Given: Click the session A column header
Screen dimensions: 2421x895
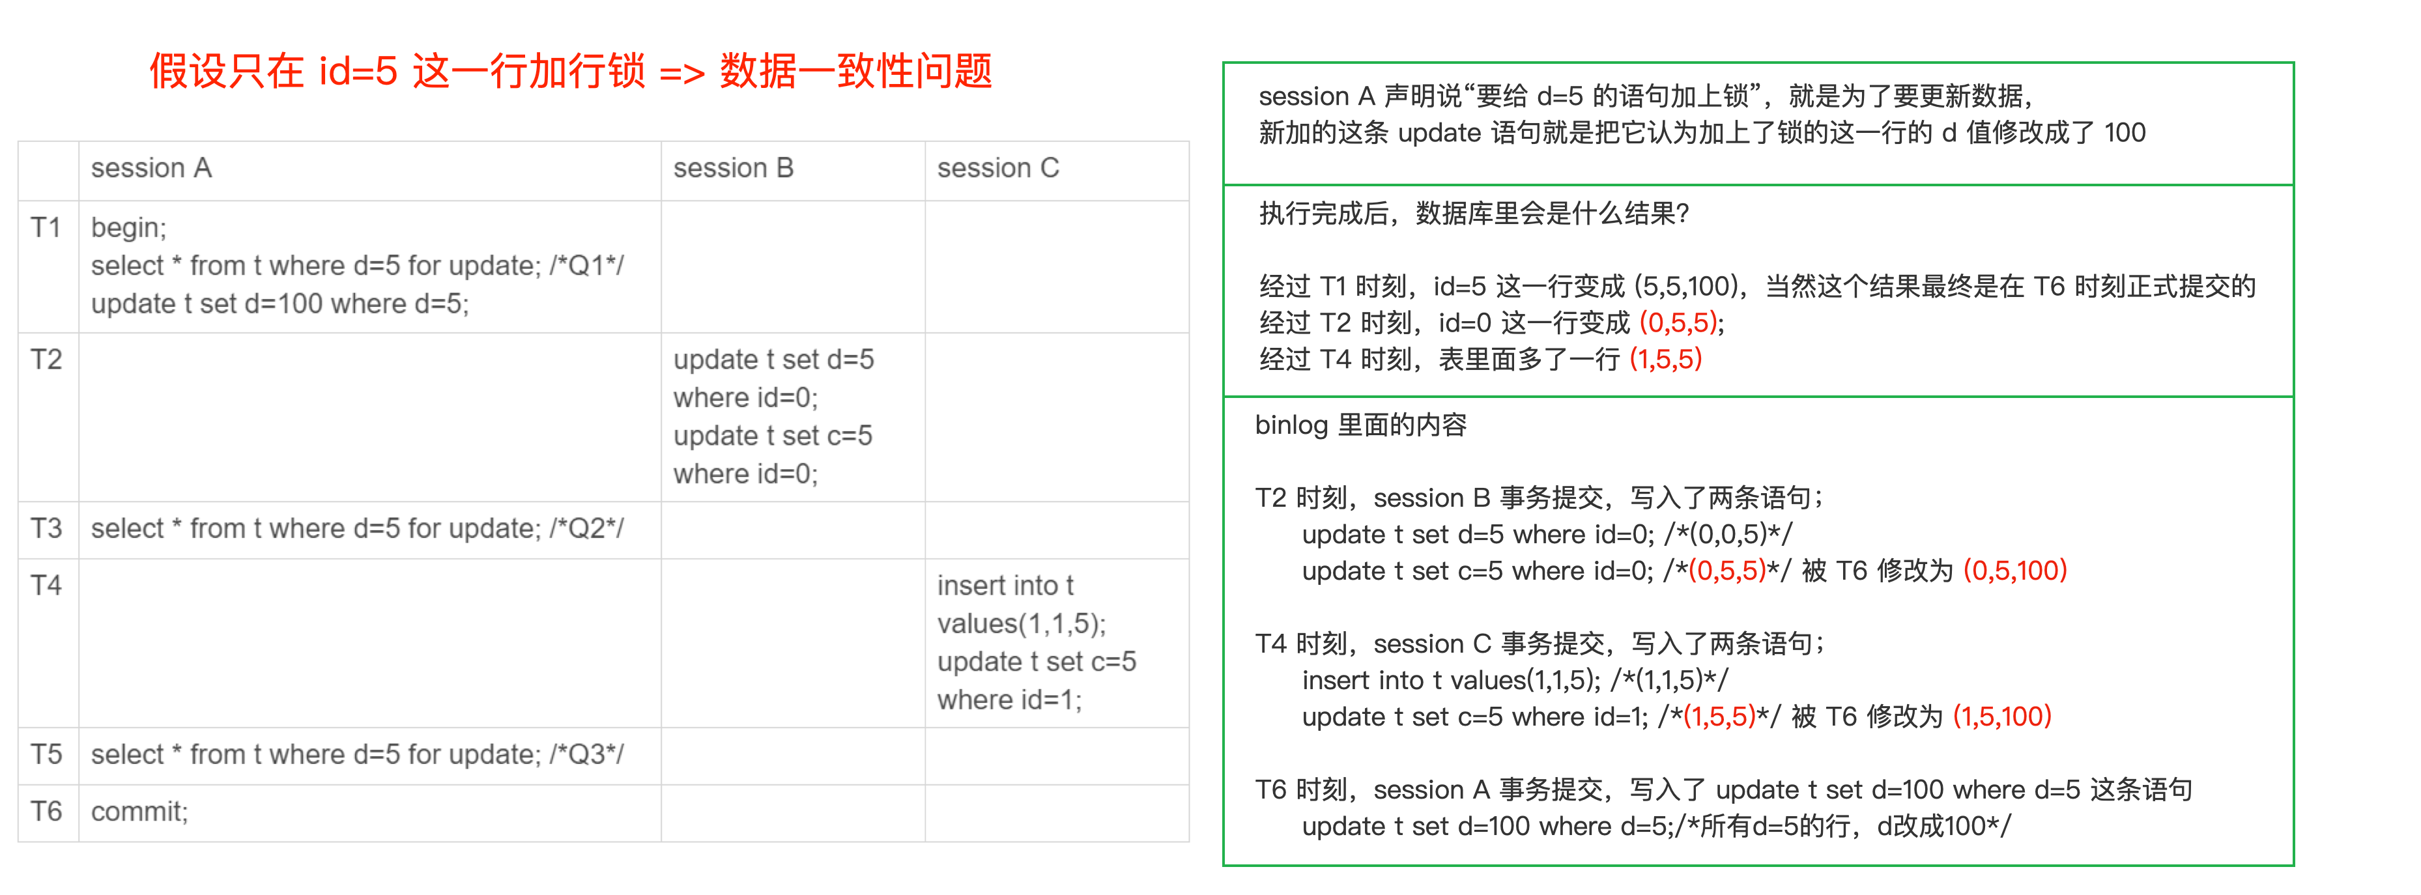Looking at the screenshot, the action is (151, 168).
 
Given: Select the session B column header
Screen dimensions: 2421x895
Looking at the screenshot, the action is (733, 168).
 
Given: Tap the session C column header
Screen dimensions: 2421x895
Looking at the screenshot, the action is (998, 168).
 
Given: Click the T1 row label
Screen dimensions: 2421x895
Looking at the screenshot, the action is (46, 227).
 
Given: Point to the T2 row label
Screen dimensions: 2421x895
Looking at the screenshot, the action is (46, 359).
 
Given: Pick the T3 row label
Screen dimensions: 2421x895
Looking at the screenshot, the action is (46, 528).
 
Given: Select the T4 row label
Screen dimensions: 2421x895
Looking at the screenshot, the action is (46, 585).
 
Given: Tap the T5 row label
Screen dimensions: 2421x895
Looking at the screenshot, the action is (46, 754).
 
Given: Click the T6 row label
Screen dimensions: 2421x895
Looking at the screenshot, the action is (46, 812).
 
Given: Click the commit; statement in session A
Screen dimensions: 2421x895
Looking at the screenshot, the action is (139, 812).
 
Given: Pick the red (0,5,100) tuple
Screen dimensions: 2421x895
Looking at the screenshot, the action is (2015, 571).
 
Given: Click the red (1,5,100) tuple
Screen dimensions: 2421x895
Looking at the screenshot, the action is (2002, 717).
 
